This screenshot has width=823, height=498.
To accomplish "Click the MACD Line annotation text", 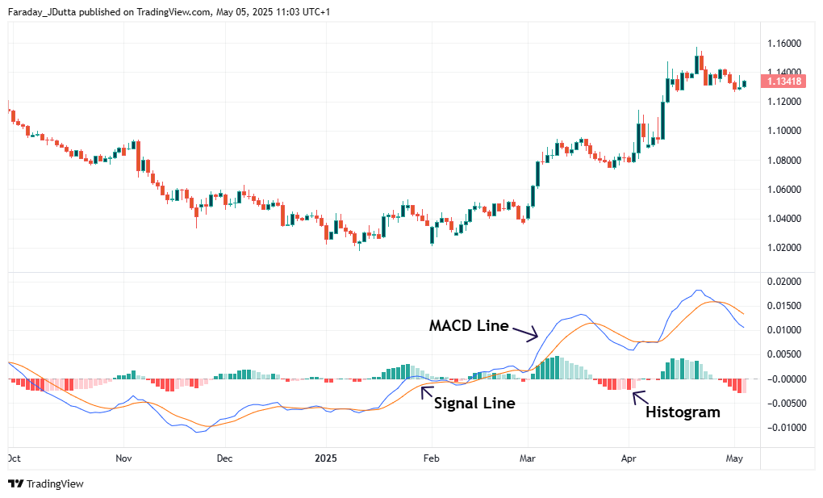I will coord(469,326).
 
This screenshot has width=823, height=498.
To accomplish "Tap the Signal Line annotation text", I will coord(474,403).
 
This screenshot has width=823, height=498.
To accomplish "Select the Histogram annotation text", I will coord(683,412).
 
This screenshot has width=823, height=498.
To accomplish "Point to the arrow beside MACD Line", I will coord(524,332).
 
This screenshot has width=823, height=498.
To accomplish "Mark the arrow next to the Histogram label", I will coord(638,396).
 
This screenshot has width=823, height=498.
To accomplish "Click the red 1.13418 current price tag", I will coord(783,81).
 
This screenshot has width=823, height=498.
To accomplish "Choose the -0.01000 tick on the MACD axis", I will coord(782,427).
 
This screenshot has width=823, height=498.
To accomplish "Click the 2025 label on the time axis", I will coord(325,458).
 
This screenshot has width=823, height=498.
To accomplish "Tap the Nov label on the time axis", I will coord(123,458).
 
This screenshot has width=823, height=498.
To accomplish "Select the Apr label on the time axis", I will coord(629,458).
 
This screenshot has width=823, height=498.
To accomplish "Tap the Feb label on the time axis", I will coord(431,458).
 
